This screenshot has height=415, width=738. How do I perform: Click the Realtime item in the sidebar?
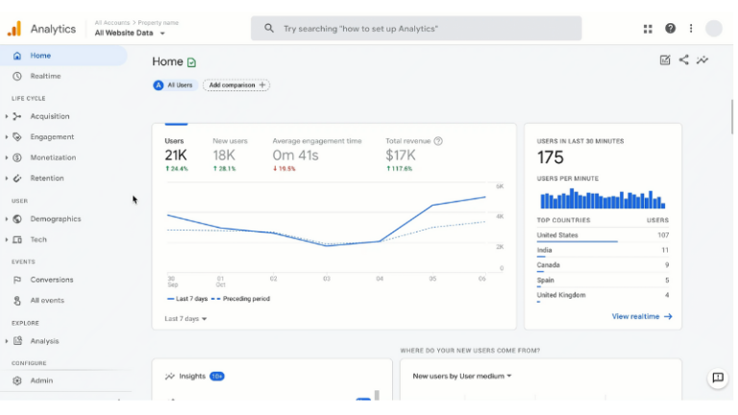44,76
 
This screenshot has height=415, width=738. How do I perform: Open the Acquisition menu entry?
49,116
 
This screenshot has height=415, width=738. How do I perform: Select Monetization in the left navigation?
52,158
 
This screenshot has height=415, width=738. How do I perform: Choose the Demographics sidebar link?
55,219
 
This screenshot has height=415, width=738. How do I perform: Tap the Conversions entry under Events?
51,280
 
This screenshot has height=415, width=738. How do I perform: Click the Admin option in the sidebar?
41,380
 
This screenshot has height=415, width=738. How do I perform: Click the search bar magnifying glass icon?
269,29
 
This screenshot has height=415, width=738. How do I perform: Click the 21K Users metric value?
175,155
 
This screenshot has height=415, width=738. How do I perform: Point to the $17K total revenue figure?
400,155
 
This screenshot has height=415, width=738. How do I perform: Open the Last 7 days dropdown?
185,318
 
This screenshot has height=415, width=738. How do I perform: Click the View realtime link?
641,316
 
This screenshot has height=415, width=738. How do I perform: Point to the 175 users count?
551,158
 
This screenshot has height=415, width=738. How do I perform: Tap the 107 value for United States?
663,235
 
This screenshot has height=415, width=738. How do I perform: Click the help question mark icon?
671,29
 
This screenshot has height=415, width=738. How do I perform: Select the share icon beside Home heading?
684,60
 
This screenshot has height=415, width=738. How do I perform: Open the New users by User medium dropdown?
462,376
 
